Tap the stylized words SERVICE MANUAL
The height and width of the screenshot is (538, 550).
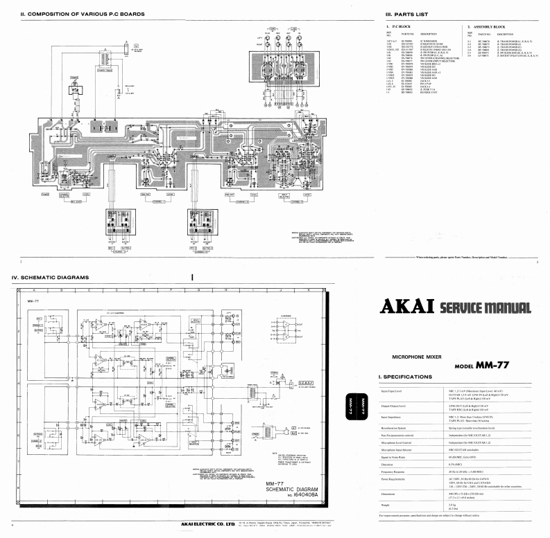click(485, 307)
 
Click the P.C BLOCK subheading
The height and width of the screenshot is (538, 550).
click(397, 26)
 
